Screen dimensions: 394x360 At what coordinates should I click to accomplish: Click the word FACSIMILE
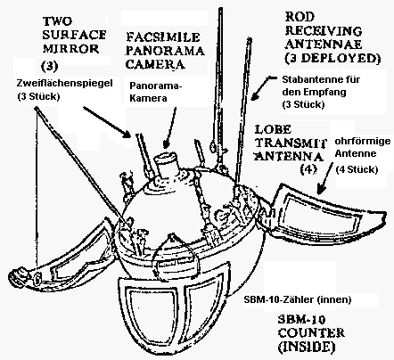(162, 37)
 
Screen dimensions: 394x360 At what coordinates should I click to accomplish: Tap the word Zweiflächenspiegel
(64, 83)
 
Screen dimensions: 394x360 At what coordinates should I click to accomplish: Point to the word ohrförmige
(363, 141)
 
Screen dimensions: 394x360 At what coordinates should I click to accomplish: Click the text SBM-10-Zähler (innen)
(298, 299)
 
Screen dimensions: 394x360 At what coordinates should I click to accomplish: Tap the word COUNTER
(311, 332)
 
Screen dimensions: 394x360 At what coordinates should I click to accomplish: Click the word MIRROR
(70, 48)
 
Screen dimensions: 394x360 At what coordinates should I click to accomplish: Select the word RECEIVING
(324, 30)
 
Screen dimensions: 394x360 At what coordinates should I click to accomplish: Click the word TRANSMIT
(291, 143)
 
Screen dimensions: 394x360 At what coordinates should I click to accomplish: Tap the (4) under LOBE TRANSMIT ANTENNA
(308, 169)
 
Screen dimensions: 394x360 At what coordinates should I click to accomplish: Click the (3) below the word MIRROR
(49, 66)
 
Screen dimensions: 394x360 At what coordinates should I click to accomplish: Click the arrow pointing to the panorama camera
(170, 127)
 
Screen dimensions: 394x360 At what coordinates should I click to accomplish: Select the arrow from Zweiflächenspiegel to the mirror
(107, 122)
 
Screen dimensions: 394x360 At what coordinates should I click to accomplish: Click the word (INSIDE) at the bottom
(308, 347)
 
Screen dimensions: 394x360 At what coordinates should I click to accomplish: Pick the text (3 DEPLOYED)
(332, 59)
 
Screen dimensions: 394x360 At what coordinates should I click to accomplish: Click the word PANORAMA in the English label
(165, 51)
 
